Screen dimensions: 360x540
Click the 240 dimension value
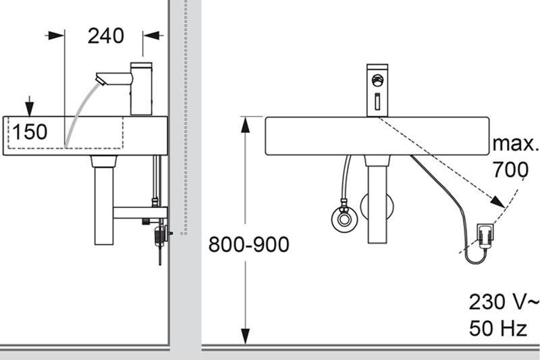pos(106,36)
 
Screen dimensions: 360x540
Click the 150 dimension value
pos(30,131)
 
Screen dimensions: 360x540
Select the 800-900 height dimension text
pos(248,244)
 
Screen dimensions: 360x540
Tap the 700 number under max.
pos(510,170)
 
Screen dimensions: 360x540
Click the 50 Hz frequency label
pos(498,329)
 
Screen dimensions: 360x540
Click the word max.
pos(516,144)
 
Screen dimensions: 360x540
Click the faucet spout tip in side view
pos(101,80)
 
